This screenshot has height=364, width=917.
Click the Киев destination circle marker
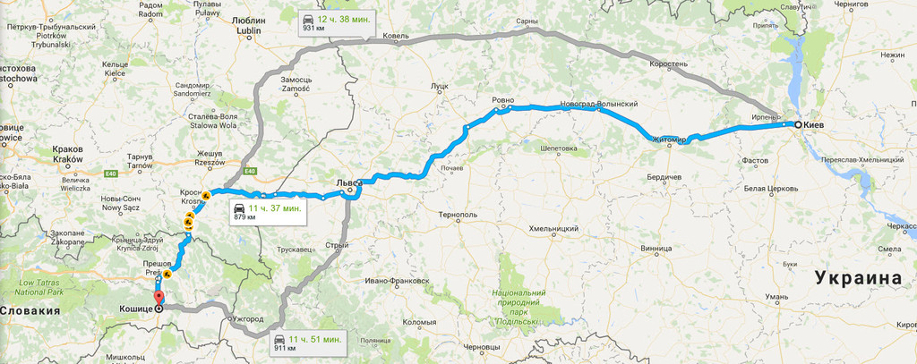point(797,125)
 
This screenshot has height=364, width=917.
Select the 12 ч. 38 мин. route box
point(336,22)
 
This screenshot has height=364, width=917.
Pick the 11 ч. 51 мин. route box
point(306,343)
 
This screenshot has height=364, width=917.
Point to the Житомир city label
point(668,140)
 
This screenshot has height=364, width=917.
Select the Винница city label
point(656,248)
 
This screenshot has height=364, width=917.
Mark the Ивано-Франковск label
point(397,281)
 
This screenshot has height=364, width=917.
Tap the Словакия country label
point(30,310)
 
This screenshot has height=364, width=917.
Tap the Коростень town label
point(669,64)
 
